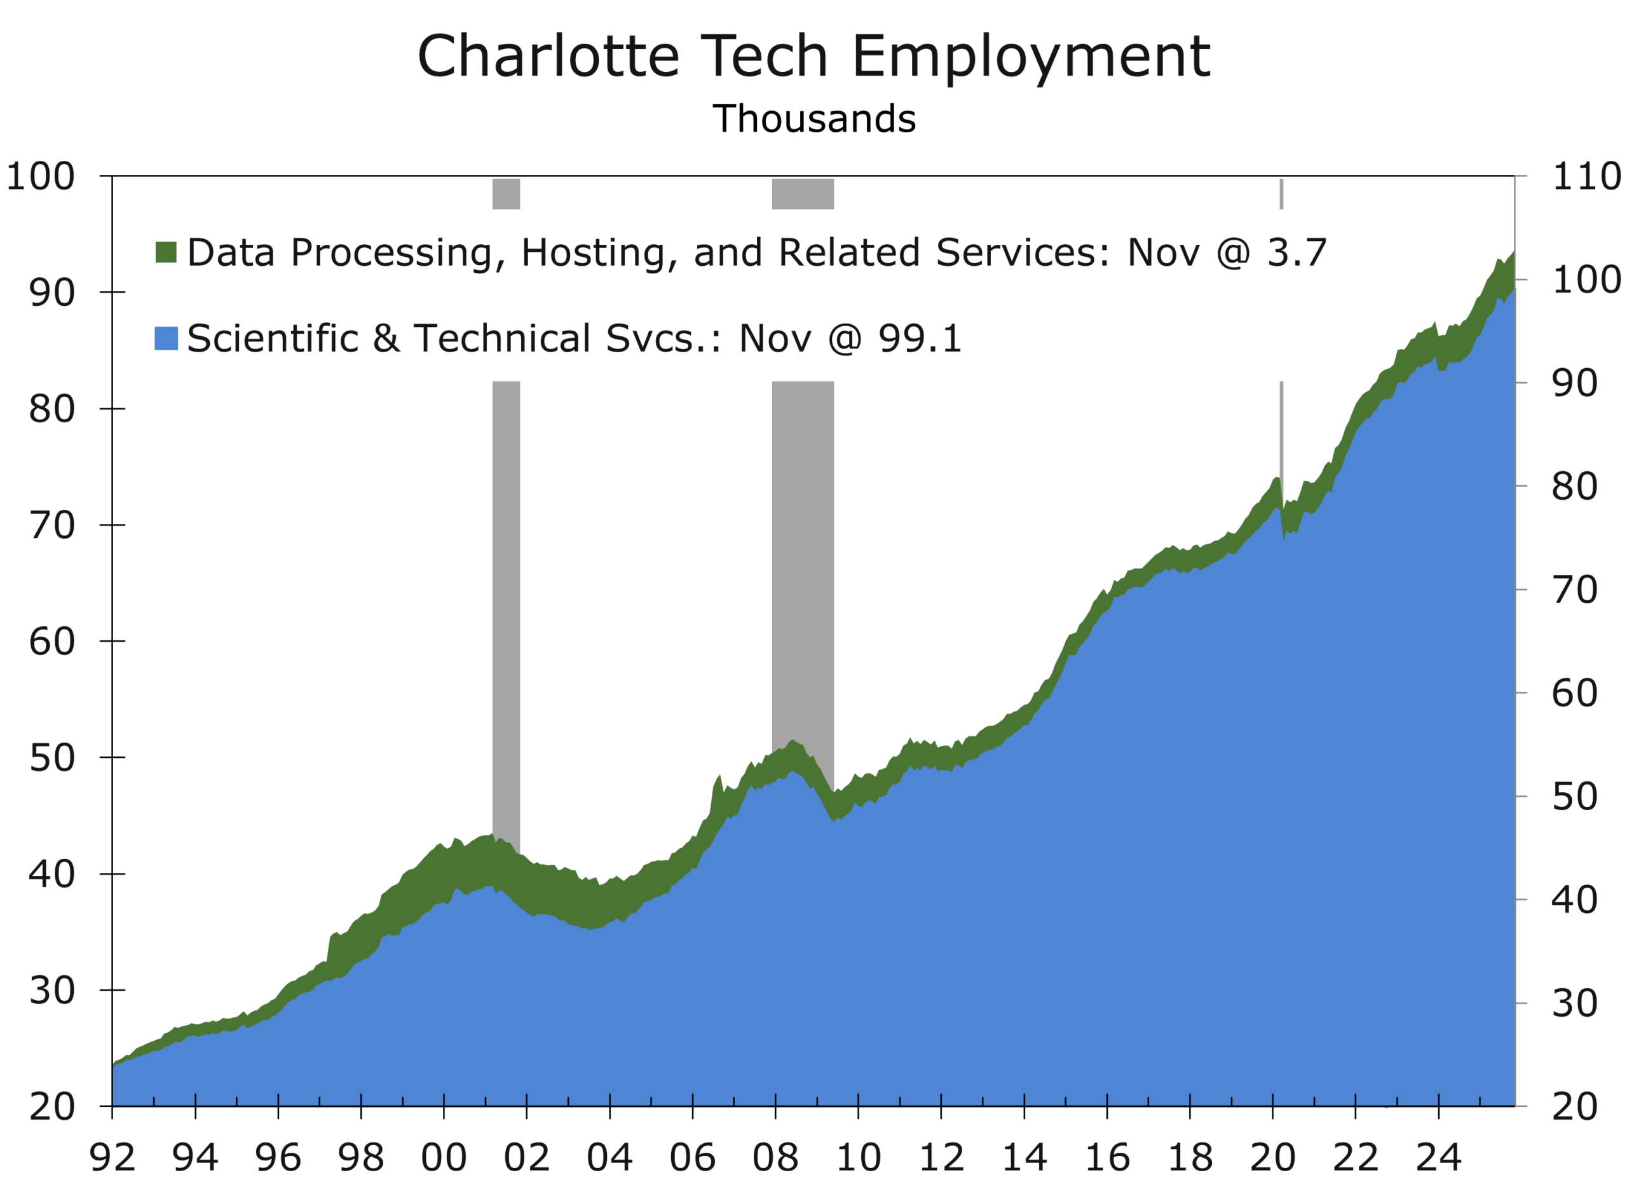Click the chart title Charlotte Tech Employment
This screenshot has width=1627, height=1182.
813,57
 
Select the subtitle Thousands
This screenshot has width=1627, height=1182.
813,119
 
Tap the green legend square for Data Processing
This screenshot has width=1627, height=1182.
166,252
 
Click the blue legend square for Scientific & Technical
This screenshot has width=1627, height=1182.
166,338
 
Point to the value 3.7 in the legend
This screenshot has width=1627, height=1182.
1297,252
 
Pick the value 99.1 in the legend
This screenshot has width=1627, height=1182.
920,338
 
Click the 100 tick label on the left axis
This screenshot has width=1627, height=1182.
40,177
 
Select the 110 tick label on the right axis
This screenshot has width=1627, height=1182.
1586,177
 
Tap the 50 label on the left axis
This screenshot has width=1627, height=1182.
51,758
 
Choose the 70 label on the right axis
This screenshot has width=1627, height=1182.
1575,590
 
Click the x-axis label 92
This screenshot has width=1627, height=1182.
112,1157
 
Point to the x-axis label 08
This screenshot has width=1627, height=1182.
775,1157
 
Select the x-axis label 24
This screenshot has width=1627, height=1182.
1438,1157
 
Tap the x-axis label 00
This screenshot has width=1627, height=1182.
444,1157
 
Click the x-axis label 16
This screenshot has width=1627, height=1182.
1107,1157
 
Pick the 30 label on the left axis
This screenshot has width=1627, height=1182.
51,991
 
